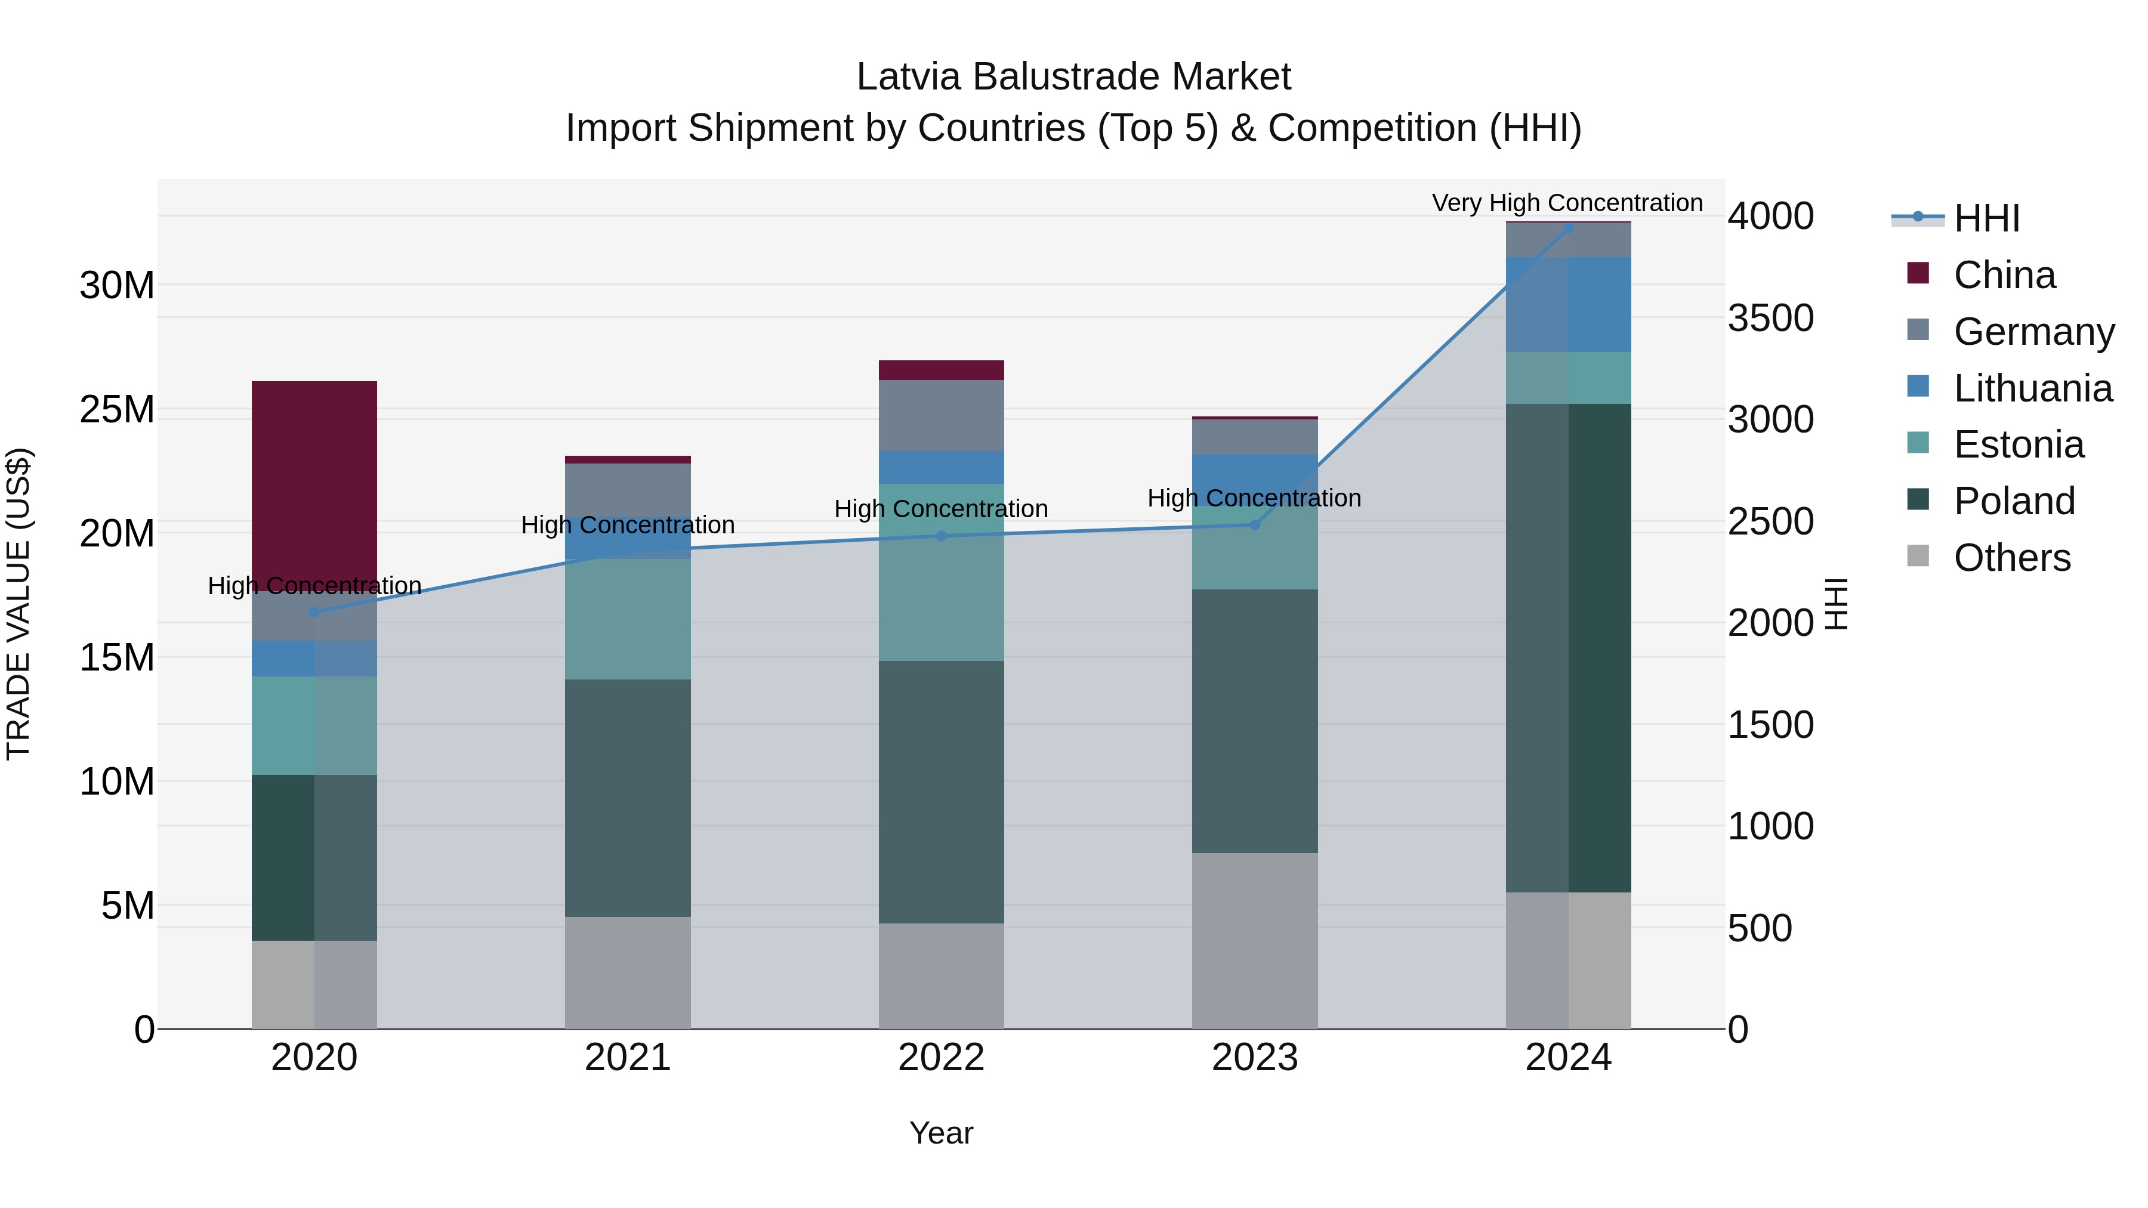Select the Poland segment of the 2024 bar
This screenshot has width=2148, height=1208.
pos(1567,648)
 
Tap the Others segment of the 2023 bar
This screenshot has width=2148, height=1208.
pos(1254,940)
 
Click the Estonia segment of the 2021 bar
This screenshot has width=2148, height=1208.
pos(627,619)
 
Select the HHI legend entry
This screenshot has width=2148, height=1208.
pos(1985,218)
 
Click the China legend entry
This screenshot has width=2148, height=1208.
pos(2004,275)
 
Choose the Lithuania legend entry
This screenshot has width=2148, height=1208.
pos(2032,388)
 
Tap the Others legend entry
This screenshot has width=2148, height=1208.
pos(2011,558)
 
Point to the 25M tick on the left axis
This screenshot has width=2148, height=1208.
pos(117,409)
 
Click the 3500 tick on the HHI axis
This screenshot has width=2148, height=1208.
pos(1770,317)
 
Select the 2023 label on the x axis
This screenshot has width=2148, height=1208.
pos(1254,1058)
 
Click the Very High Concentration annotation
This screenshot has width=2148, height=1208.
pos(1567,203)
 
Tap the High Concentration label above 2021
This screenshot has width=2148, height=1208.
pos(627,525)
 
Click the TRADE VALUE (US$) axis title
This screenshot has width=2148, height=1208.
pos(18,604)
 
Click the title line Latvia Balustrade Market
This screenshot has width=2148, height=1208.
pos(1073,77)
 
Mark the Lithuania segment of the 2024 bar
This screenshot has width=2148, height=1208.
pos(1567,304)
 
